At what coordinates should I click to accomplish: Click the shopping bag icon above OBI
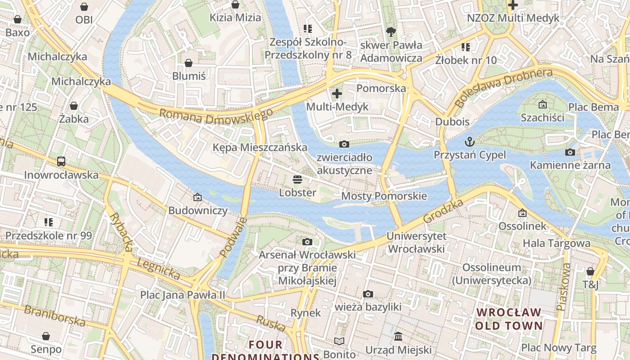(84, 7)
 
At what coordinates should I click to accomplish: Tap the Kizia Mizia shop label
(235, 18)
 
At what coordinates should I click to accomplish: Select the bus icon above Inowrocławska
(61, 162)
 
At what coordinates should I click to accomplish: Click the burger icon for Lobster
(297, 180)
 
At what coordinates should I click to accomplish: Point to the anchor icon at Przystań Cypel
(470, 142)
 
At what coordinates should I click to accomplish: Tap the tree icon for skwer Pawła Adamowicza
(391, 32)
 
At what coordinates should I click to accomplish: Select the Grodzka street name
(443, 211)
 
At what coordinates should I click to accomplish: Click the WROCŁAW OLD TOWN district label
(508, 319)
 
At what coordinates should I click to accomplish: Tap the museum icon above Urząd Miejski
(398, 337)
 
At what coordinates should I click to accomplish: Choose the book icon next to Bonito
(339, 342)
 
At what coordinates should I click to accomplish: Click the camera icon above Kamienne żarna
(570, 152)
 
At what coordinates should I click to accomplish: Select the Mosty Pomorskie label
(384, 196)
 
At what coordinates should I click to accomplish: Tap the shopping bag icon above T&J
(590, 271)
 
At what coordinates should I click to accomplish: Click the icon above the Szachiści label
(542, 104)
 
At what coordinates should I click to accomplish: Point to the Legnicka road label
(158, 269)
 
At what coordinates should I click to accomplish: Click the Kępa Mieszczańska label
(260, 148)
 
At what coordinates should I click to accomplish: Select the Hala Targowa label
(556, 243)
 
